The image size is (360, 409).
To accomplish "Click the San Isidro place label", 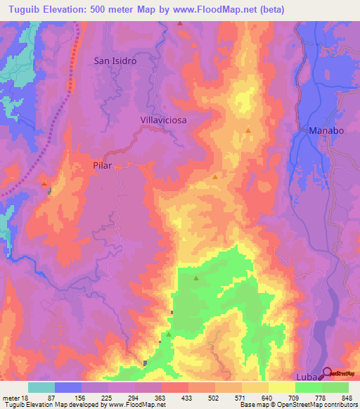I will (115, 60).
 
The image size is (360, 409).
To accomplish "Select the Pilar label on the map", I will (103, 167).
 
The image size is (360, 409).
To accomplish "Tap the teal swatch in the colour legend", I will (41, 387).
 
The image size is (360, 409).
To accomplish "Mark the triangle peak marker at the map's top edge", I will (180, 23).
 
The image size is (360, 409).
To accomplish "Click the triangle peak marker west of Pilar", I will (45, 183).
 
